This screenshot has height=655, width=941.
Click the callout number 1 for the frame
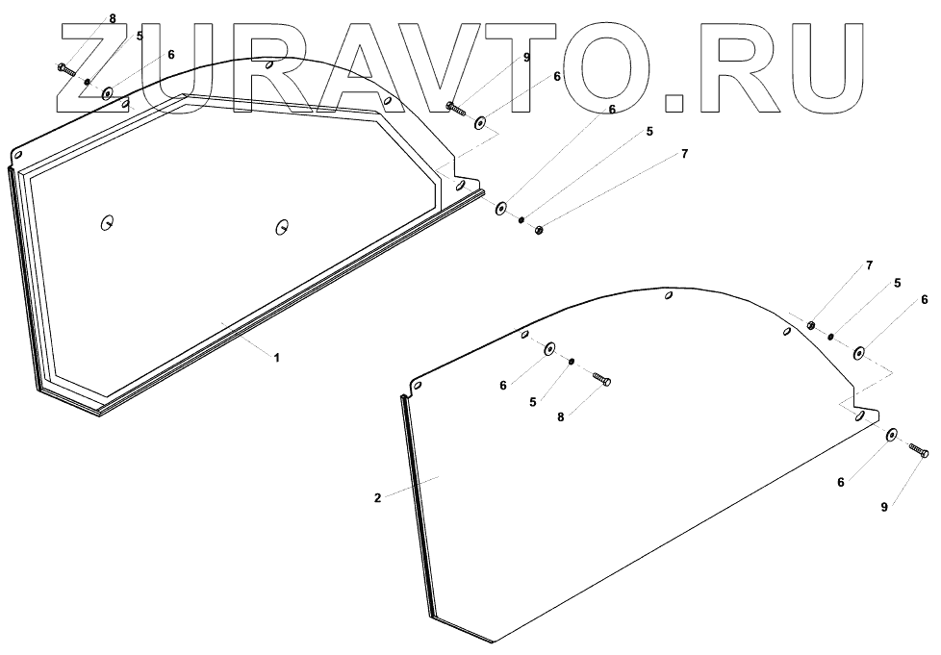click(x=276, y=358)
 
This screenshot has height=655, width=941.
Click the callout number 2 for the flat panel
click(x=378, y=498)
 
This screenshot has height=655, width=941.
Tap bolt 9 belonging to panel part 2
click(x=917, y=450)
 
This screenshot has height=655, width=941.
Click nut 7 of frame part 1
click(x=540, y=229)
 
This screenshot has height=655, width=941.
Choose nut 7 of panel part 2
click(x=812, y=327)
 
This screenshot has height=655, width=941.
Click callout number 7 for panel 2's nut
click(x=869, y=265)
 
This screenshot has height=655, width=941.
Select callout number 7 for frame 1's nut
click(x=684, y=154)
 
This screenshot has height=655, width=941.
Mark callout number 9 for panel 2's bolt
click(x=884, y=507)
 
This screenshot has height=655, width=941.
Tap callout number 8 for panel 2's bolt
click(x=559, y=417)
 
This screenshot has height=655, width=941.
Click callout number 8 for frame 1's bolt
click(x=113, y=18)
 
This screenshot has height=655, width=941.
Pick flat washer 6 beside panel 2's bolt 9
click(x=891, y=436)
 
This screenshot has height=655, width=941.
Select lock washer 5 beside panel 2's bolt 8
click(x=572, y=362)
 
